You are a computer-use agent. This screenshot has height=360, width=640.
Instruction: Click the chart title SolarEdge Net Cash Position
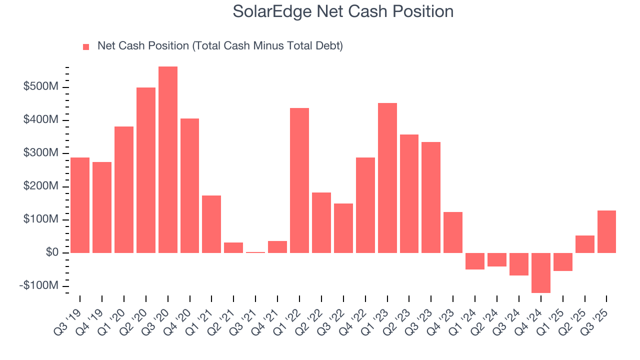pos(343,12)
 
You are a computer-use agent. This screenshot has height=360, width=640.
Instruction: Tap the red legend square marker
pos(86,47)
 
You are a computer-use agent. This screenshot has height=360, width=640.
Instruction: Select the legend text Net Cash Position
pos(220,46)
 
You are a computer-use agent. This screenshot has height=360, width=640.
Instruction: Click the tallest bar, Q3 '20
pos(168,159)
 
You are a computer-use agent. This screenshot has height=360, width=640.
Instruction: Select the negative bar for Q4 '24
pos(540,272)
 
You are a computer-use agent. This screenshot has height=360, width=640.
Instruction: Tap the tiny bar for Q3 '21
pos(255,252)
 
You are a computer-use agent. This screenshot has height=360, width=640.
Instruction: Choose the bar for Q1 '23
pos(387,177)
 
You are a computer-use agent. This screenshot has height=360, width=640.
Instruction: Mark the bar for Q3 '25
pos(606,231)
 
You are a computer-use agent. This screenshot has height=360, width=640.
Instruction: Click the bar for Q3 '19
pos(80,205)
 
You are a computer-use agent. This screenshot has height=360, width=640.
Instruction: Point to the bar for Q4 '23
pos(453,232)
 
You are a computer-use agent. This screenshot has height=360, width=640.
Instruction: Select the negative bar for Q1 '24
pos(475,261)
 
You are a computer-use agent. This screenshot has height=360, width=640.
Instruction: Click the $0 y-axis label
pos(51,252)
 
